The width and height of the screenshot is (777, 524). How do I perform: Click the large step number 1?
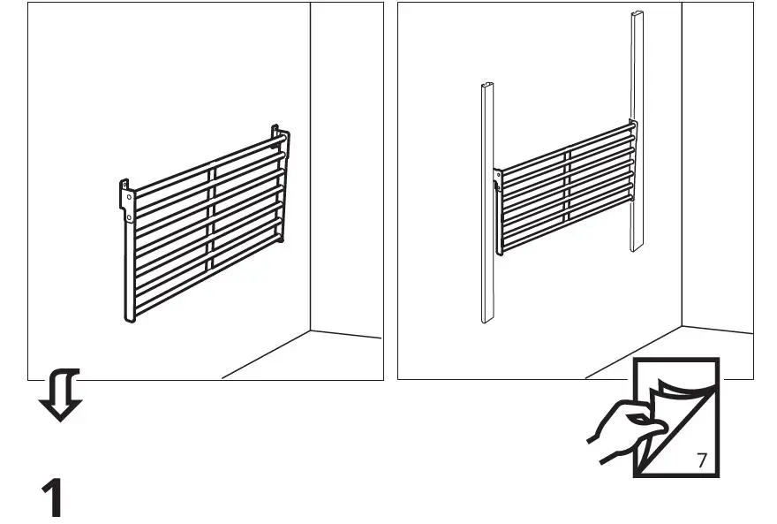[54, 498]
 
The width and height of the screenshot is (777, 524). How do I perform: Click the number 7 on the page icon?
[701, 459]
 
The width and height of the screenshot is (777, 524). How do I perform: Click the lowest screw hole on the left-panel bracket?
[129, 216]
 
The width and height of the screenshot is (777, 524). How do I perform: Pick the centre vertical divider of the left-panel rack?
[211, 221]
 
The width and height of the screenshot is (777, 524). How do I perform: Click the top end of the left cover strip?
[486, 87]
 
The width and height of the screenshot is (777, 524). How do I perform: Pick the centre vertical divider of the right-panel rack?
[569, 194]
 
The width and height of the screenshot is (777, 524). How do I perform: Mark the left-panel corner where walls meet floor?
[310, 330]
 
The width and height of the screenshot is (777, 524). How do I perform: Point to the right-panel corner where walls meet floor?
[682, 327]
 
